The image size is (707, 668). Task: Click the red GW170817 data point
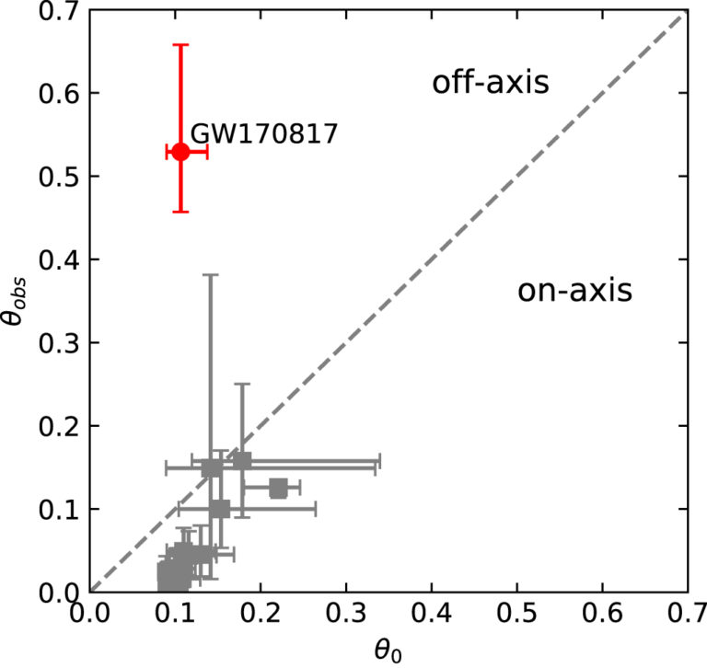click(x=180, y=152)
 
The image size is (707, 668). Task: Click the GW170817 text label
click(x=263, y=134)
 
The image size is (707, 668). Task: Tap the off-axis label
click(x=491, y=84)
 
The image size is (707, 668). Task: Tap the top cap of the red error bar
click(x=180, y=44)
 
